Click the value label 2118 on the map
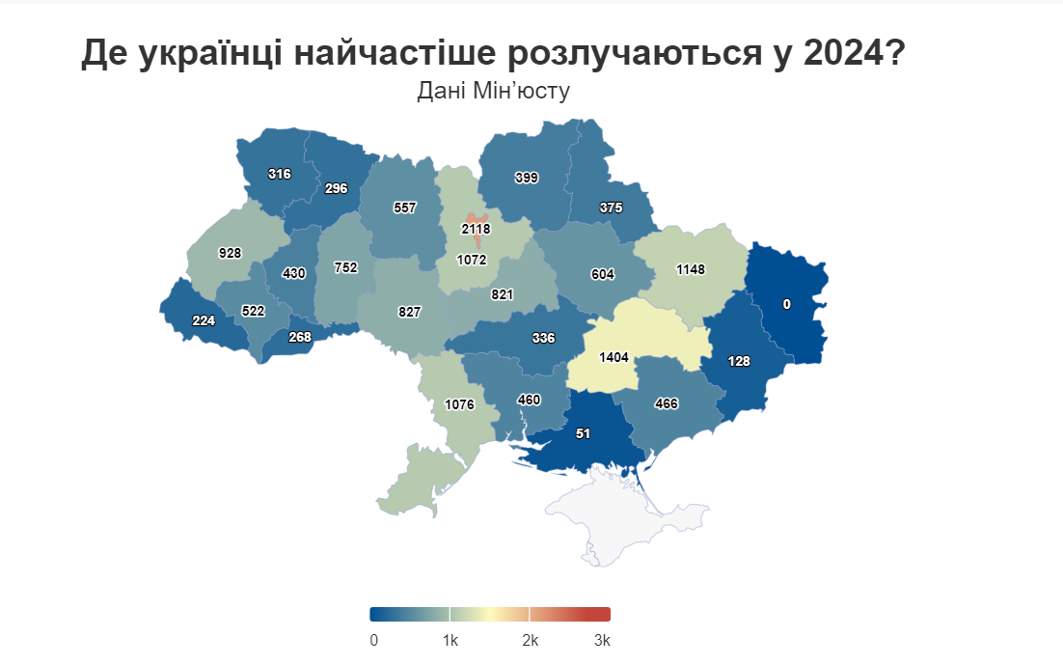point(476,229)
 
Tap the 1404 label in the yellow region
point(613,357)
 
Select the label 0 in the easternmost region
point(786,304)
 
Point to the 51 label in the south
point(583,433)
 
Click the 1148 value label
point(692,269)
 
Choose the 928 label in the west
point(230,253)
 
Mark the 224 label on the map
point(204,320)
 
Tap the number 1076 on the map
point(458,404)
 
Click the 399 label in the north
point(526,178)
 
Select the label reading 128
point(739,361)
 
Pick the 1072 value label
point(472,260)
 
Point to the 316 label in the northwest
point(280,174)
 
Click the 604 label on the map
point(602,274)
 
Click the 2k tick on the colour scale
point(530,641)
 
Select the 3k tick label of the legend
point(602,641)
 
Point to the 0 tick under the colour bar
point(373,641)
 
